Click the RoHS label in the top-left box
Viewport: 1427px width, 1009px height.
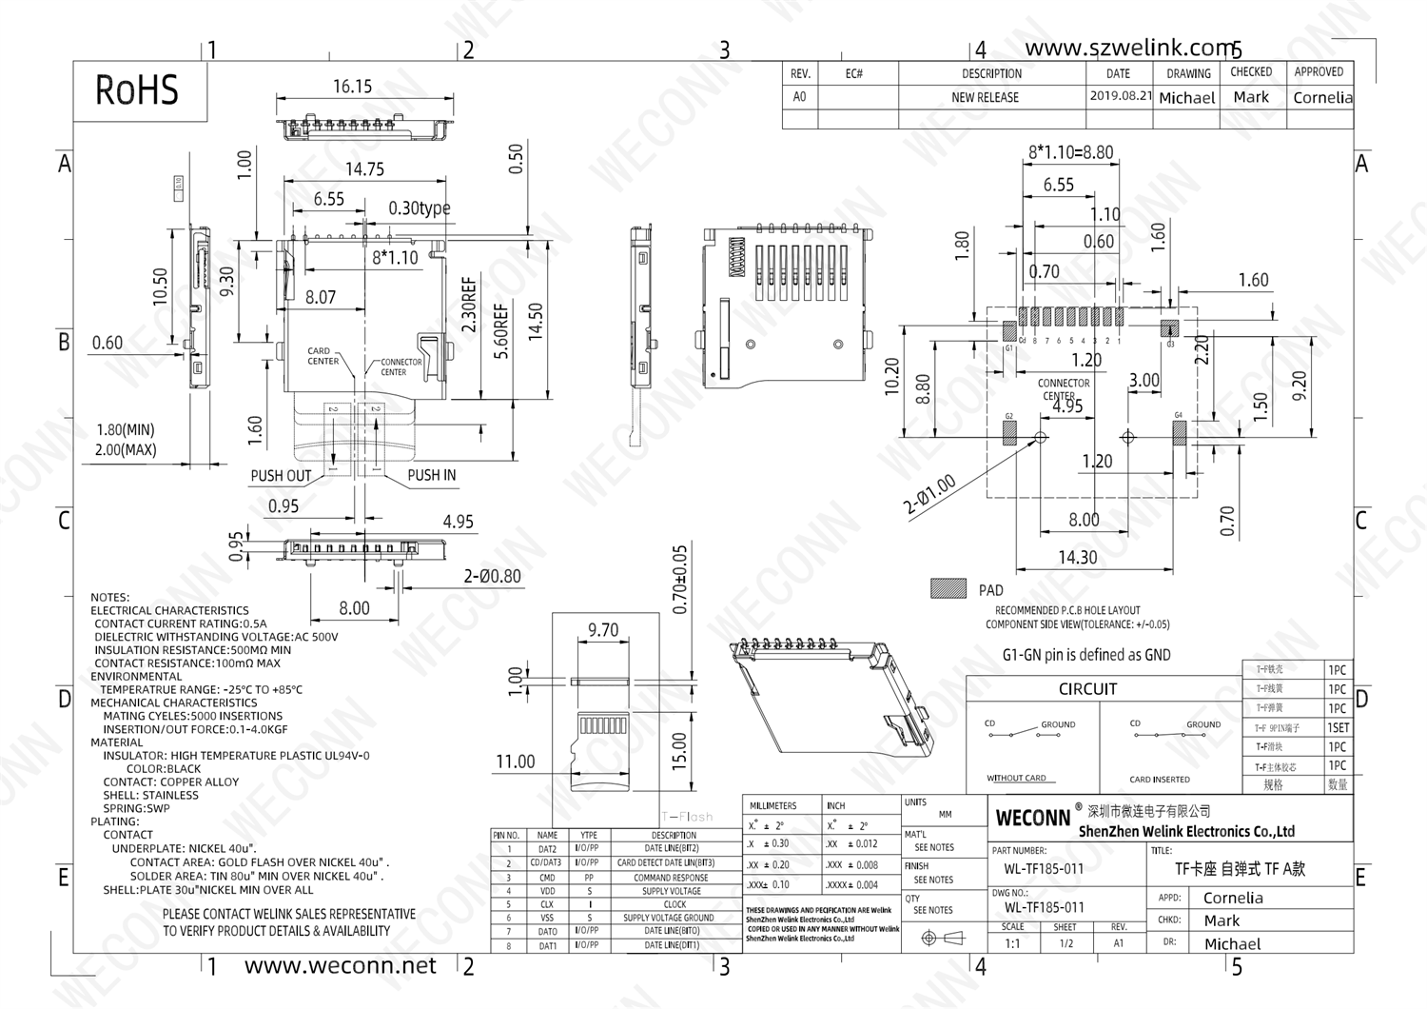(137, 90)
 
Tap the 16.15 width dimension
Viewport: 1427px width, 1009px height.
(352, 87)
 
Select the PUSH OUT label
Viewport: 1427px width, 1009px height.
(281, 476)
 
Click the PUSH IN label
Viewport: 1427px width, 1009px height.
(431, 475)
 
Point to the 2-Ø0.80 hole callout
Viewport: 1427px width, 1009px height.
(492, 576)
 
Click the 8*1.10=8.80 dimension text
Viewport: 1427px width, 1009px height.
(1070, 152)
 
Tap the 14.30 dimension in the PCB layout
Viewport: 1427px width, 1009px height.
(1077, 558)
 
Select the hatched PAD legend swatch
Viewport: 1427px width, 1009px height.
(948, 589)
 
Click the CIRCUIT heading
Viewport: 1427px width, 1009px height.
(1087, 689)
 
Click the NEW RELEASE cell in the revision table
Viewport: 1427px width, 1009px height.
(985, 97)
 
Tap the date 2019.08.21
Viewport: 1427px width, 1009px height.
(1120, 96)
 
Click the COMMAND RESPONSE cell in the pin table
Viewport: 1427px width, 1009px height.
(671, 878)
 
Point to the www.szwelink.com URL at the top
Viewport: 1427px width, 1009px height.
(1129, 48)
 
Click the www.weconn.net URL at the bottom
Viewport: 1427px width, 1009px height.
(340, 966)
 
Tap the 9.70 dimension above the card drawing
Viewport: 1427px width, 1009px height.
(603, 630)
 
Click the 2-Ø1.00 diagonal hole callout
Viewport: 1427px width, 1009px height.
(929, 496)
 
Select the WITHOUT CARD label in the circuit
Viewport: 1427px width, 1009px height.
(1016, 778)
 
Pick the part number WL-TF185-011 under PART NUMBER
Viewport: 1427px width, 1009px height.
(1044, 869)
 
